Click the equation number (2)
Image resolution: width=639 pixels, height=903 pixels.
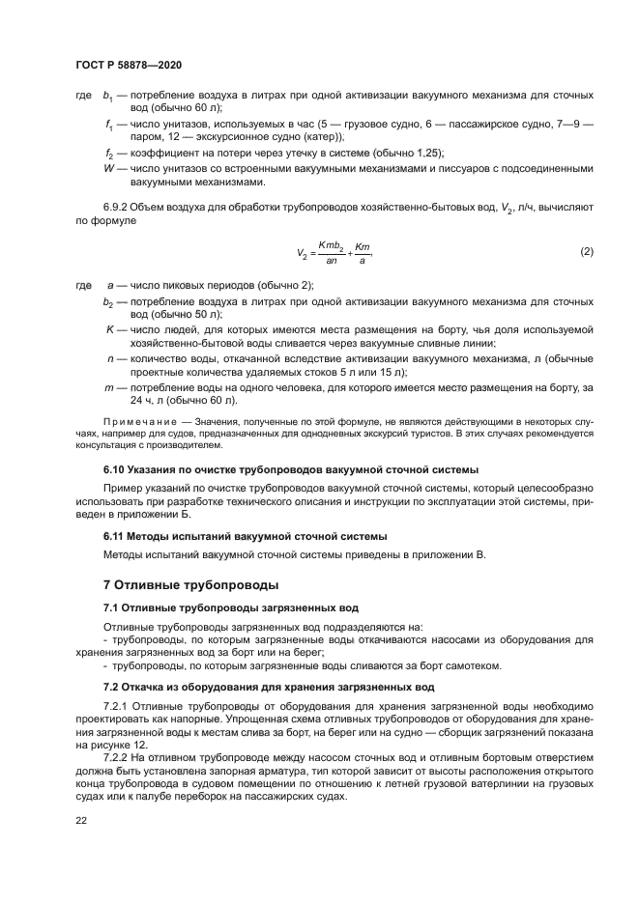pyautogui.click(x=586, y=252)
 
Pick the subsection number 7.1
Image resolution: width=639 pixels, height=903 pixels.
pyautogui.click(x=112, y=607)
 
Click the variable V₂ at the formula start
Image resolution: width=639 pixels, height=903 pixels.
pyautogui.click(x=302, y=254)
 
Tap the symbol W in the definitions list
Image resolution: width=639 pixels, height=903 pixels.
pyautogui.click(x=108, y=168)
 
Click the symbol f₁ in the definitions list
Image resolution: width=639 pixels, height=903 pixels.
pyautogui.click(x=109, y=125)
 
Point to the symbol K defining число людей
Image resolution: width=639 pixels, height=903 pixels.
pyautogui.click(x=109, y=330)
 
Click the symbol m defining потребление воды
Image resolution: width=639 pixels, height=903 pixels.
pyautogui.click(x=109, y=386)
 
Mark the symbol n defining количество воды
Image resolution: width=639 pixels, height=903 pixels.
pyautogui.click(x=109, y=358)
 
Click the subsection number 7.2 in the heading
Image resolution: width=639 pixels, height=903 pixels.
pyautogui.click(x=112, y=687)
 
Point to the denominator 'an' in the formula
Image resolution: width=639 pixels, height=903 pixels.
pyautogui.click(x=332, y=261)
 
